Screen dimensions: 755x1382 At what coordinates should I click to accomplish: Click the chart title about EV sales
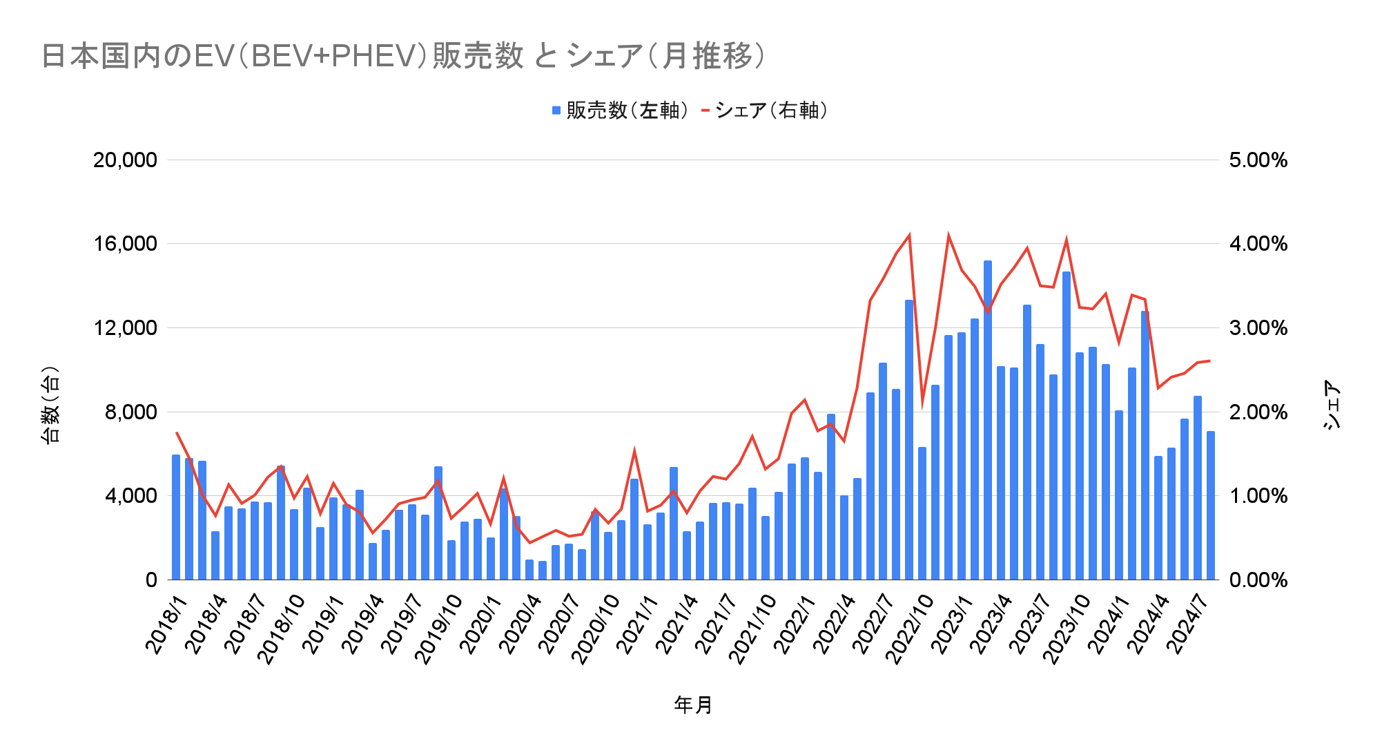[x=403, y=56]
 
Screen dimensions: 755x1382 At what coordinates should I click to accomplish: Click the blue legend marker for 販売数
[x=556, y=111]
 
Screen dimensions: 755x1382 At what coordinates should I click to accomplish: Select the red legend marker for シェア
[x=705, y=111]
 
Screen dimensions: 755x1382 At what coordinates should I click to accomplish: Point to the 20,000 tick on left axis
[x=125, y=160]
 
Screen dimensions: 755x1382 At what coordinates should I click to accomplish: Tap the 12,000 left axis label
[x=125, y=328]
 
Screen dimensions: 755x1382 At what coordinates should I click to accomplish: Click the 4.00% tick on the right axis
[x=1258, y=244]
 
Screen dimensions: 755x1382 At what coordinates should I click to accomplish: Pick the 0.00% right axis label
[x=1258, y=580]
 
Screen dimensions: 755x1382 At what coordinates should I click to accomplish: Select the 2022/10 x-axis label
[x=911, y=629]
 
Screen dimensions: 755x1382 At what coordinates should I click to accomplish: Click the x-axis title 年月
[x=693, y=705]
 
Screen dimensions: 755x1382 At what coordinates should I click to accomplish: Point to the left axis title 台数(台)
[x=51, y=405]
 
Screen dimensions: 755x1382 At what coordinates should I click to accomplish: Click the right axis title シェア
[x=1333, y=405]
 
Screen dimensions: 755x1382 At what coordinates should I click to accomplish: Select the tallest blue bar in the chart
[x=988, y=420]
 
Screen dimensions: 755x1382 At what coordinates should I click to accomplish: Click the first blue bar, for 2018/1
[x=176, y=517]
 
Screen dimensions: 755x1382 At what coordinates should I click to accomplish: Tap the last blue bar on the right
[x=1211, y=505]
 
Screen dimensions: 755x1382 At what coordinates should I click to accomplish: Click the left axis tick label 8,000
[x=130, y=412]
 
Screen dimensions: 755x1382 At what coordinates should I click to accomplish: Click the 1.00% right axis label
[x=1258, y=496]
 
